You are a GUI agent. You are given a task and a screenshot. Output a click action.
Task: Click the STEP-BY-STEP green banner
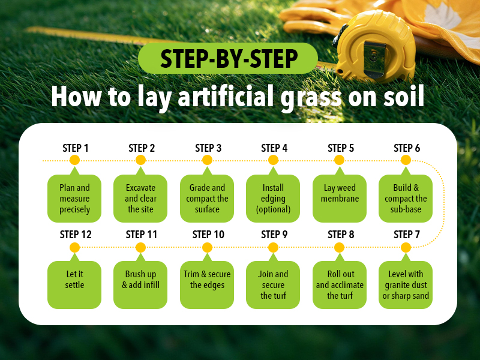pos(228,58)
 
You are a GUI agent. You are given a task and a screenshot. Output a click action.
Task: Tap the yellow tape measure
pos(375,46)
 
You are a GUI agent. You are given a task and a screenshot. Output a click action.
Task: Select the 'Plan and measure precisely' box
pos(74,199)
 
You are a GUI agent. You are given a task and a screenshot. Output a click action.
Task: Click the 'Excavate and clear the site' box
pos(140,199)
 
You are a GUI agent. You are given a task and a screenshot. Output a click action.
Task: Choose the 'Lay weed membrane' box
pos(340,199)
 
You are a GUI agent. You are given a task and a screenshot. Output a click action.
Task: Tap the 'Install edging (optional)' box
pos(273,199)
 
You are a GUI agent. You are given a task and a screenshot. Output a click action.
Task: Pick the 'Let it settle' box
pos(74,284)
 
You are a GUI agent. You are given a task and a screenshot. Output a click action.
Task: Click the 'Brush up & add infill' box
pos(140,284)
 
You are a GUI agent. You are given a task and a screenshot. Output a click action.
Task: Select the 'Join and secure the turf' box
pos(273,284)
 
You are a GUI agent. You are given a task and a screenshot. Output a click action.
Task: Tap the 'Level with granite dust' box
pos(406,284)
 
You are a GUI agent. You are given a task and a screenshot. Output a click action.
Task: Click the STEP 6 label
pos(407,148)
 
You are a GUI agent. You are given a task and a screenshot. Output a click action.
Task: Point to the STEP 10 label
pos(208,235)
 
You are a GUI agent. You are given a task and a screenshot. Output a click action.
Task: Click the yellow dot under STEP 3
pos(207,160)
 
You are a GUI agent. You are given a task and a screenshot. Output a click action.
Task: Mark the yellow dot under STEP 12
pos(74,247)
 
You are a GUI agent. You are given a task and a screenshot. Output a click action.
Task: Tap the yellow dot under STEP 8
pos(339,247)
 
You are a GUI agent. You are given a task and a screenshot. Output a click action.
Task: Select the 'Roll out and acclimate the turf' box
pos(340,284)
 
